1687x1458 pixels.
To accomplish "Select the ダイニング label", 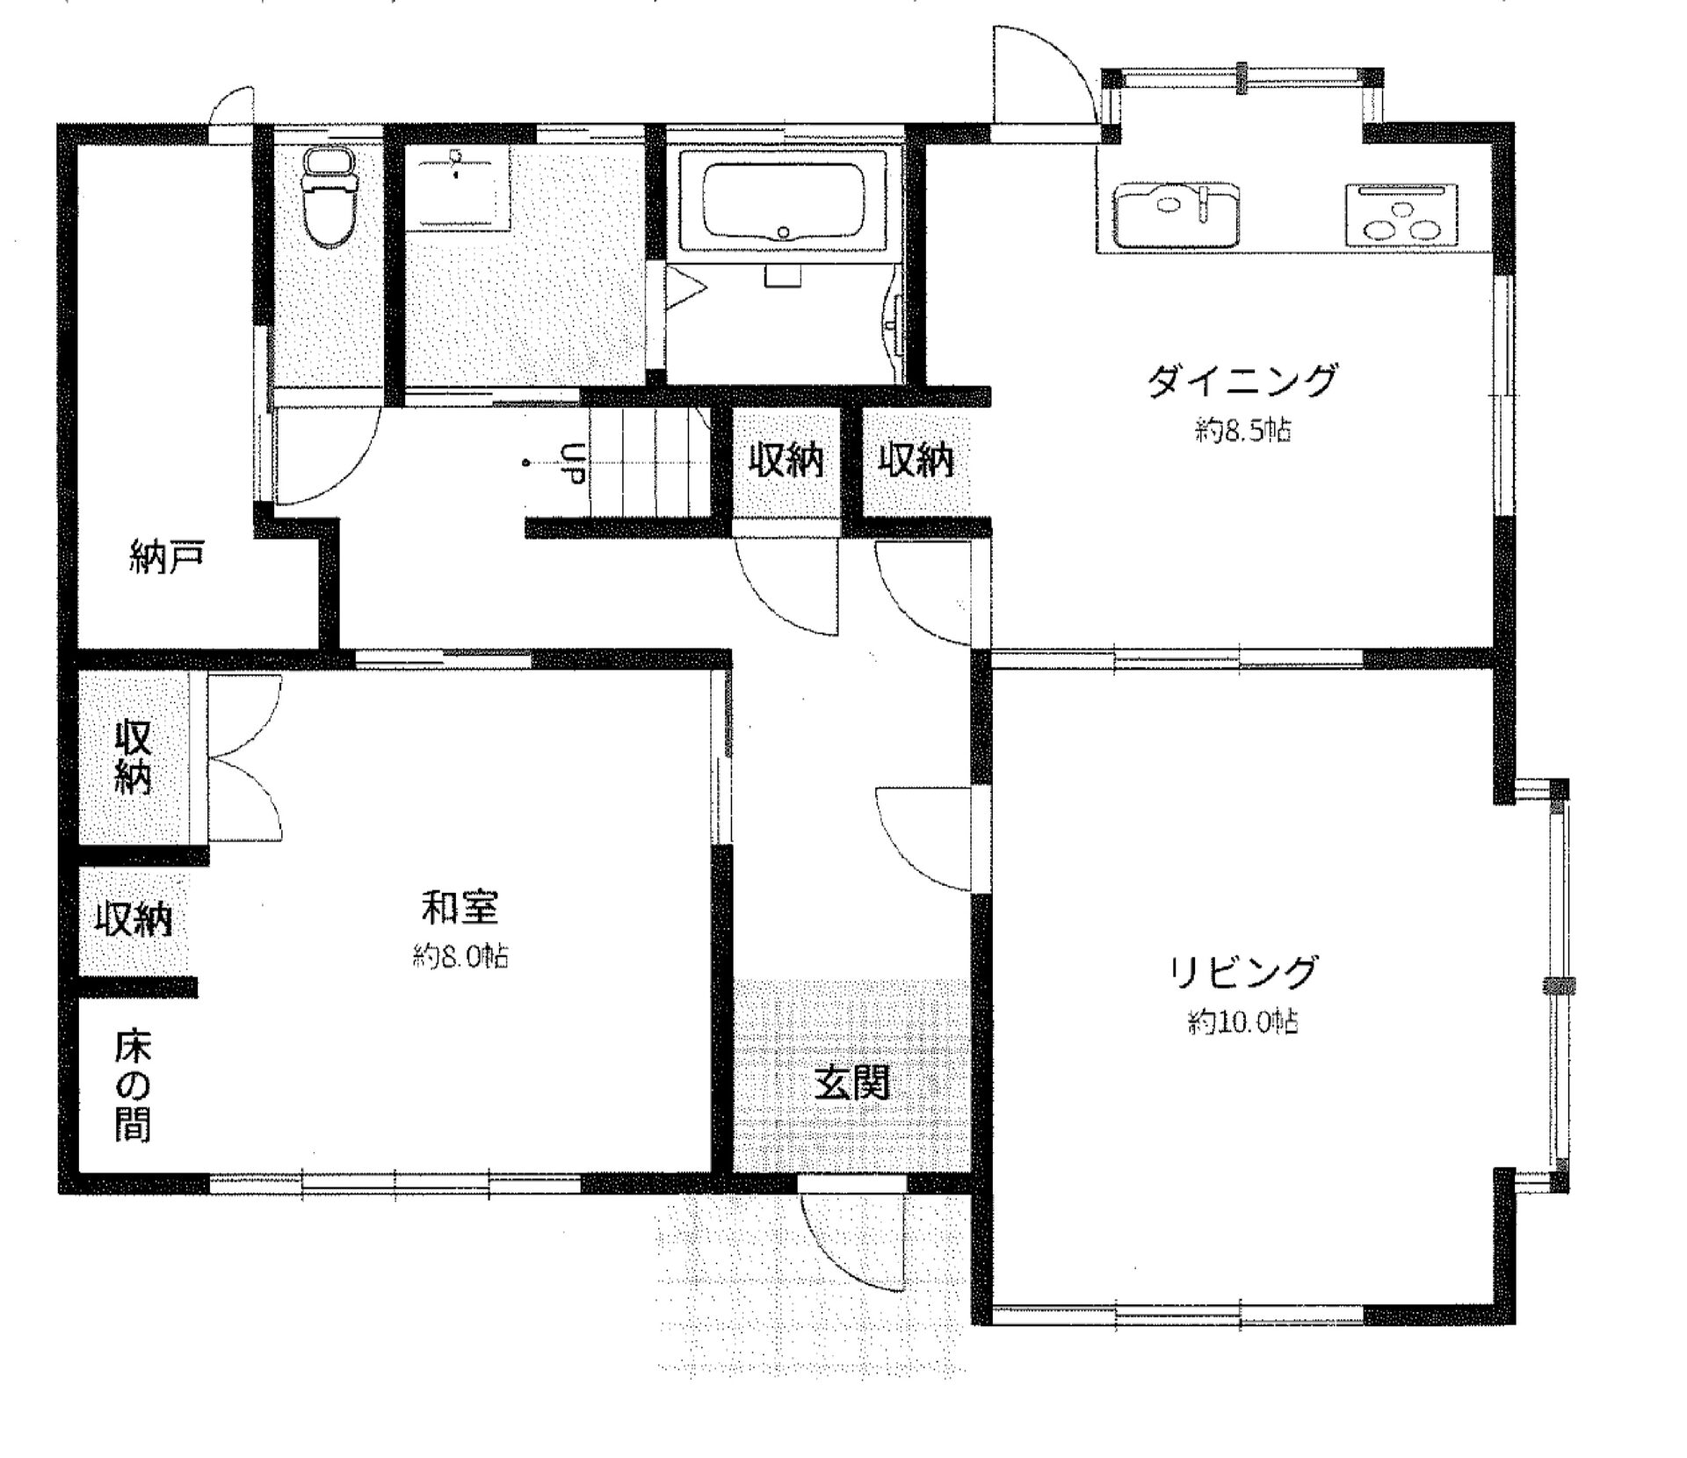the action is pyautogui.click(x=1241, y=381).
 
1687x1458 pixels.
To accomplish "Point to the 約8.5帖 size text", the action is pyautogui.click(x=1242, y=431).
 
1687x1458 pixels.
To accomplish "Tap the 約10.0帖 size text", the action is pyautogui.click(x=1242, y=1022).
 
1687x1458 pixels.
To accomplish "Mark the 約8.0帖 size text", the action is pyautogui.click(x=460, y=956).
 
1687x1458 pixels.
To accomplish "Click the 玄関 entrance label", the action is pyautogui.click(x=851, y=1084).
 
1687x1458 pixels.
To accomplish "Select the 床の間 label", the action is pyautogui.click(x=133, y=1085).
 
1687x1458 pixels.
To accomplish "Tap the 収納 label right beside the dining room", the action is pyautogui.click(x=916, y=461).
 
